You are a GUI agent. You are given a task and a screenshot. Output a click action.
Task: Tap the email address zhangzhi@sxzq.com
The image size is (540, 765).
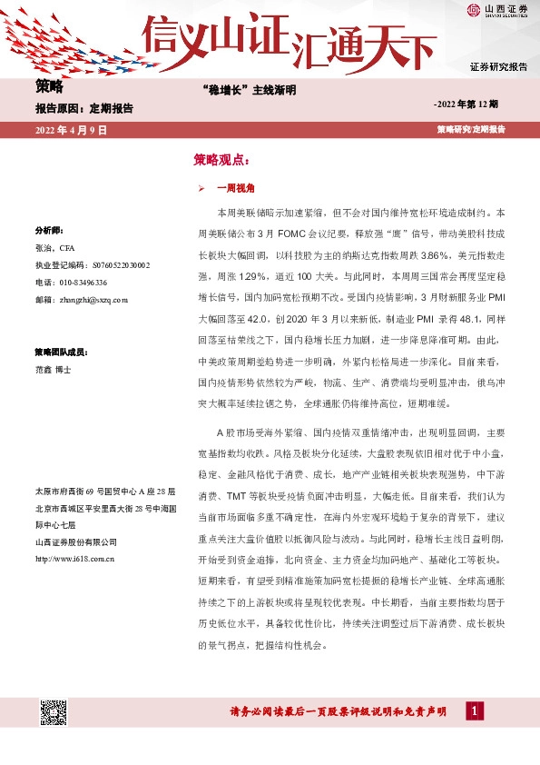coord(88,299)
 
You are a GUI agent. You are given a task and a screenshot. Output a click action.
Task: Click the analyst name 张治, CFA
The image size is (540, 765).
coord(54,247)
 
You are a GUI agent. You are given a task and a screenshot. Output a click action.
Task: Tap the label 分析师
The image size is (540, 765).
coord(48,231)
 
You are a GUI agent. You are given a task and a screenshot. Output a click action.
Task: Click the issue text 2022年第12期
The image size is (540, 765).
coord(472,105)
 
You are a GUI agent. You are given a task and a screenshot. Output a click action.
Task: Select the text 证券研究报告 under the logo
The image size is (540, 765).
coord(498,67)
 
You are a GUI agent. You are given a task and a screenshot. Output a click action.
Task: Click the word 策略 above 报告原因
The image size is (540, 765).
coord(49,87)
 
